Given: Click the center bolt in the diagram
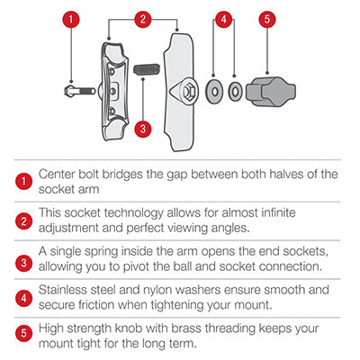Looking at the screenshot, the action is click(x=79, y=90).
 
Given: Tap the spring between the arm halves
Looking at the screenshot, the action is click(x=147, y=70).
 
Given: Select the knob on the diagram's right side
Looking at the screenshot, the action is click(x=271, y=92).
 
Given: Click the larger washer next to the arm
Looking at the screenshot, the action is click(x=214, y=91).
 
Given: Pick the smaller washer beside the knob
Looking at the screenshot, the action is click(x=235, y=91).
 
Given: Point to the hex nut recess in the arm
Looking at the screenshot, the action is click(x=190, y=91).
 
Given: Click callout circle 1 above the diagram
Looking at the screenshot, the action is click(x=71, y=19).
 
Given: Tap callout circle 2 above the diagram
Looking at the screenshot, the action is click(x=143, y=19).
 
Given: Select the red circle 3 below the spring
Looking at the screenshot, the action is click(x=143, y=129).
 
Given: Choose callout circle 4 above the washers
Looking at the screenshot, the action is click(x=223, y=19).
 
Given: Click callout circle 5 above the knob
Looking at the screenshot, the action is click(x=267, y=19).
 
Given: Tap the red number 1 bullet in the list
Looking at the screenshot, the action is click(x=23, y=182).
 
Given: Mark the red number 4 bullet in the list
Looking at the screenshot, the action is click(x=23, y=298).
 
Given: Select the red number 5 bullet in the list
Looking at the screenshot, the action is click(x=23, y=333).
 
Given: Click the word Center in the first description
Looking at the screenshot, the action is click(x=57, y=174).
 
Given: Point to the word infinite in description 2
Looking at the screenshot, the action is click(x=279, y=212).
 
